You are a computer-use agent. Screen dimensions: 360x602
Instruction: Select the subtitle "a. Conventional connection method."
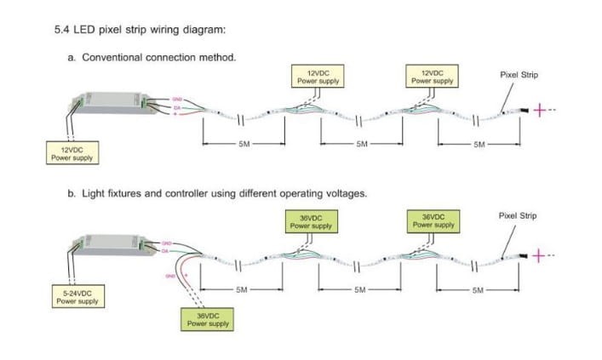[152, 58]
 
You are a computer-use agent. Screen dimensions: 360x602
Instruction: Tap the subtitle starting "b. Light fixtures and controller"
[217, 194]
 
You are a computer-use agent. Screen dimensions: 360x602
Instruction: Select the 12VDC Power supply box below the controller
[72, 154]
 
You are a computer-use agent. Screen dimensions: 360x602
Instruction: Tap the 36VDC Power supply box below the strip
[208, 319]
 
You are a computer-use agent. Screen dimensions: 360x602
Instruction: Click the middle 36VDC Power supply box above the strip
[310, 221]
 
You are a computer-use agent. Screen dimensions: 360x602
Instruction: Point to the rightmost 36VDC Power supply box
[433, 221]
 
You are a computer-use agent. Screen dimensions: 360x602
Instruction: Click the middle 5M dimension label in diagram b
[362, 289]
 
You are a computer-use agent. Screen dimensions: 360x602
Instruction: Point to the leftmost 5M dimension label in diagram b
[242, 289]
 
